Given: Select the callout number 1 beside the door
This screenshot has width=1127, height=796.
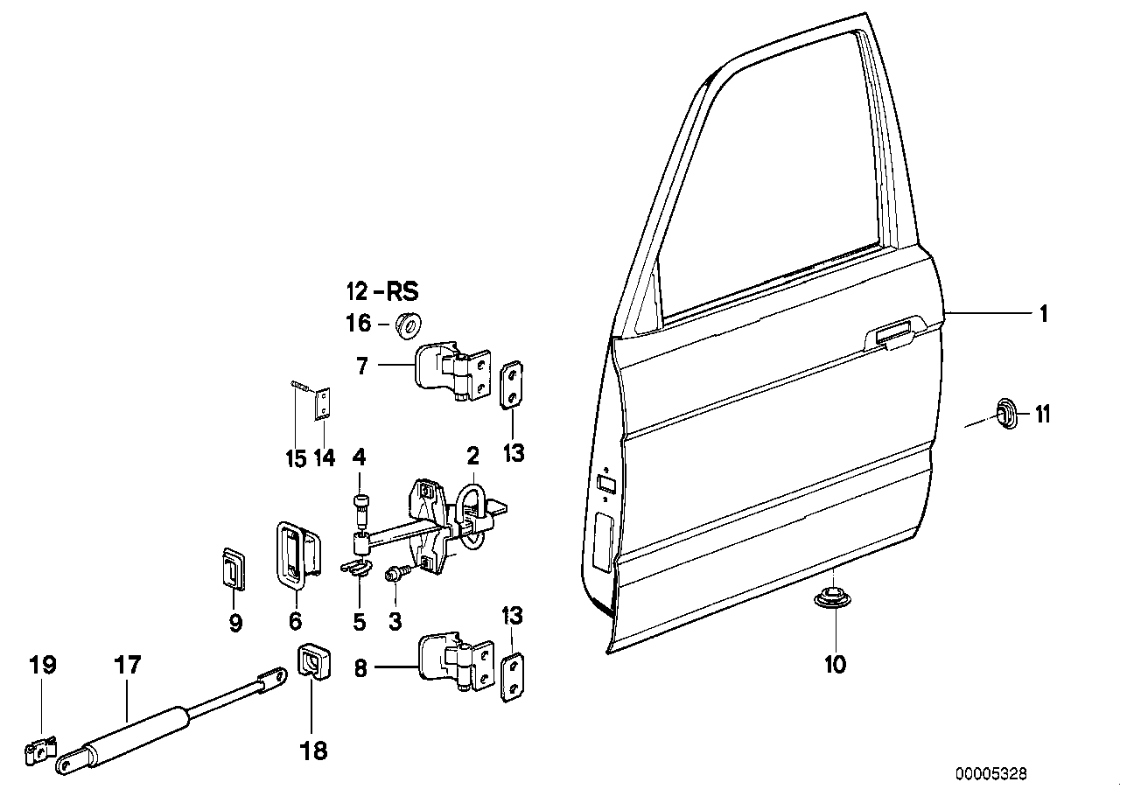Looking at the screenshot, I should coord(1043,314).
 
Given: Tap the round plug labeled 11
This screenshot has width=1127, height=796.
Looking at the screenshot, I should coord(1007,412).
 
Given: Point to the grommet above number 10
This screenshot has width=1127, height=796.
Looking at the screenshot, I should coord(834,600).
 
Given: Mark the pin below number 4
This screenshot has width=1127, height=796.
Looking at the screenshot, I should coord(360,507).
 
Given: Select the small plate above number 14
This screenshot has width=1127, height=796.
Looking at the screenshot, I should coord(324,404).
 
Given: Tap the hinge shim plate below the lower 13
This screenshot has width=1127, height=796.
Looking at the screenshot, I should coord(512,674).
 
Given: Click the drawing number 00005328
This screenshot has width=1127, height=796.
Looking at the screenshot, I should coord(990,774).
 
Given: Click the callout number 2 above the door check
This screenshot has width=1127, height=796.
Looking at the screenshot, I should coord(472,456).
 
